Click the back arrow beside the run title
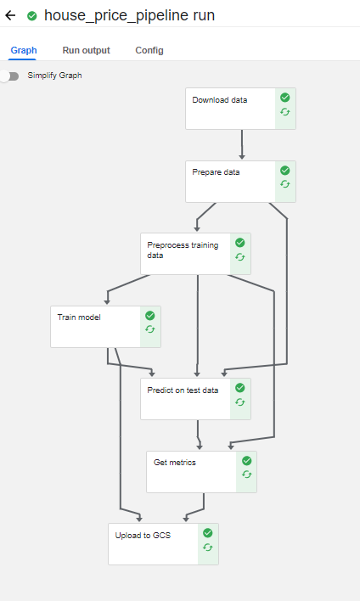pos(10,15)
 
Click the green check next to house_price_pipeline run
pos(32,16)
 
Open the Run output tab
pos(87,50)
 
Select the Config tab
pos(149,50)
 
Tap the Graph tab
pos(24,50)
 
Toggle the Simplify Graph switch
pos(9,76)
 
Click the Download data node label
pos(220,100)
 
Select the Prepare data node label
pos(216,172)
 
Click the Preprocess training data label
pos(183,250)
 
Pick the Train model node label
pos(79,317)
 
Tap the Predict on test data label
pos(183,390)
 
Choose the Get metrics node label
pos(175,463)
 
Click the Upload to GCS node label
pos(143,535)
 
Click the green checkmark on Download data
pos(284,98)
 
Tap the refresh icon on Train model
pos(150,329)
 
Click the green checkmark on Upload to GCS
pos(208,533)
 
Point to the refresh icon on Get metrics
pos(247,475)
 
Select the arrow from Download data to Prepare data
pos(242,144)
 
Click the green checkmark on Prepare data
pos(284,170)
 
